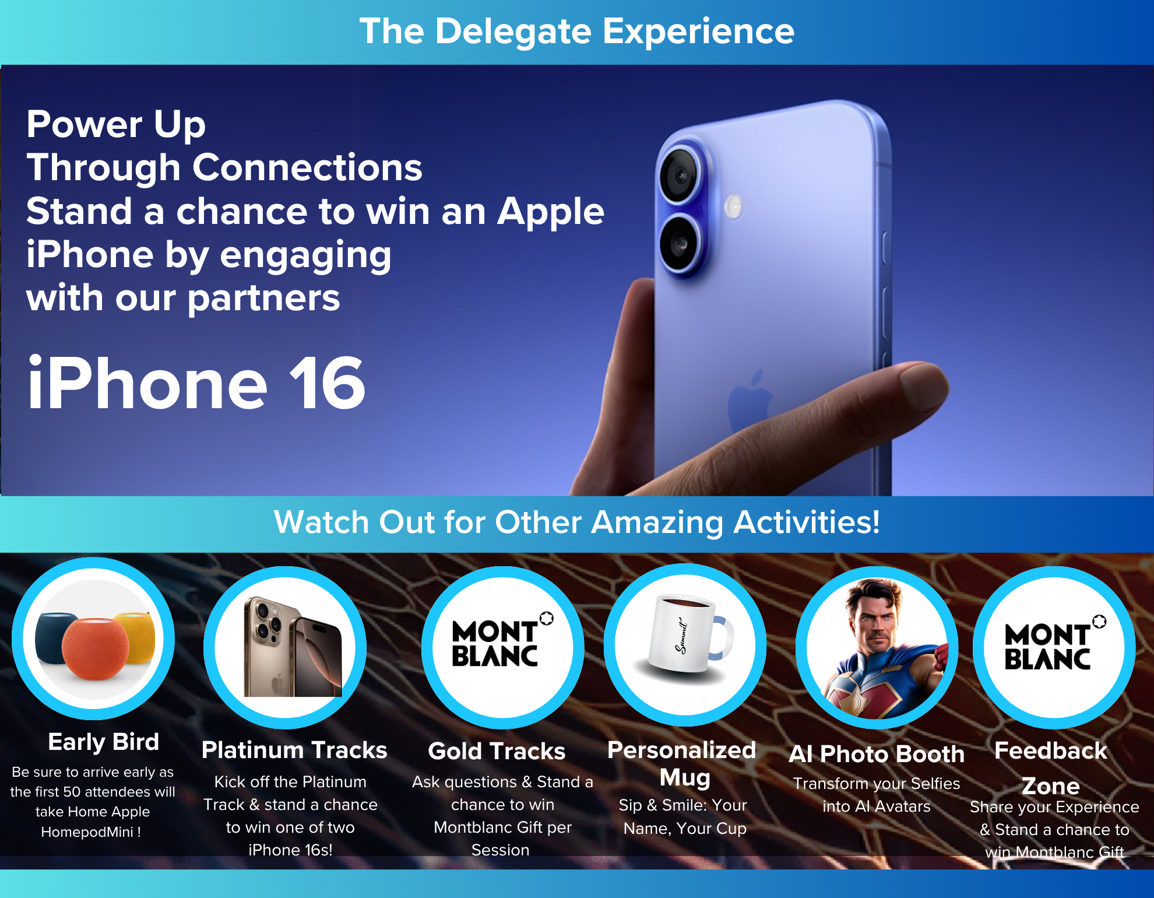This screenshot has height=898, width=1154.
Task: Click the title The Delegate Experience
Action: coord(577,31)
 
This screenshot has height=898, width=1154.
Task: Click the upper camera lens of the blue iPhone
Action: coord(680,175)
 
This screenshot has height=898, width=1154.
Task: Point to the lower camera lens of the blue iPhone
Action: coord(680,244)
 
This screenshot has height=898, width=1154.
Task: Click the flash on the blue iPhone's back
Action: coord(733,206)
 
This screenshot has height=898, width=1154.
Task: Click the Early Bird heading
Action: coord(104,742)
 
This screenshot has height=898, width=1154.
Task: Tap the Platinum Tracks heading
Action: coord(294,750)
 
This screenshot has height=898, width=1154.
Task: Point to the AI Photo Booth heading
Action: coord(877,754)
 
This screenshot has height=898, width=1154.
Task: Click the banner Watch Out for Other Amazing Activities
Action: coord(577,522)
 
